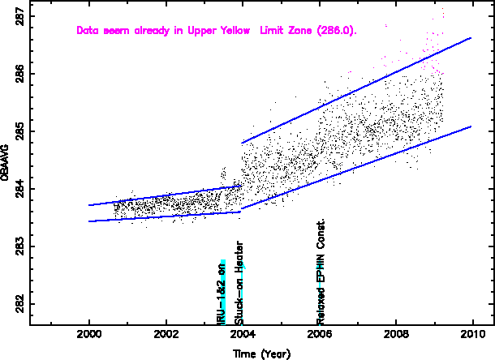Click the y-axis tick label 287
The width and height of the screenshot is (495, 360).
[19, 16]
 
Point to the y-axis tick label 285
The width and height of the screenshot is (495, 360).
[19, 131]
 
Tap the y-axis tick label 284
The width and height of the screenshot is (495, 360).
[19, 189]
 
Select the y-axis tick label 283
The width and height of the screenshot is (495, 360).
[19, 246]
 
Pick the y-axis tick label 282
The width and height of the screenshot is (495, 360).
[19, 304]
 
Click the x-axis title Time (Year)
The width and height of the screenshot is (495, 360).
[261, 354]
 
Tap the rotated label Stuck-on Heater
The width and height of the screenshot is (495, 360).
[239, 283]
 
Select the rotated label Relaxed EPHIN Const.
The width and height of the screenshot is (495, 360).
[321, 272]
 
